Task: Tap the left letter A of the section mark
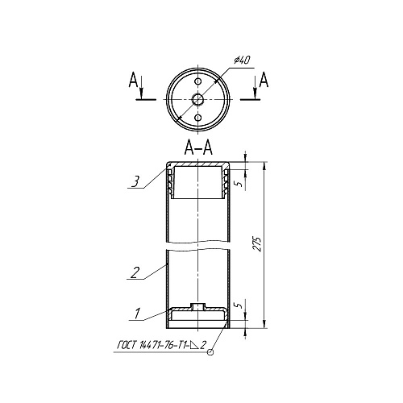(132, 80)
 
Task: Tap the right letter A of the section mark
(265, 80)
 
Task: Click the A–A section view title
(197, 148)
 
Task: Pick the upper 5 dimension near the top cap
(235, 183)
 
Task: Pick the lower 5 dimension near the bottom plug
(235, 306)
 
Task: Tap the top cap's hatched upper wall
(197, 166)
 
